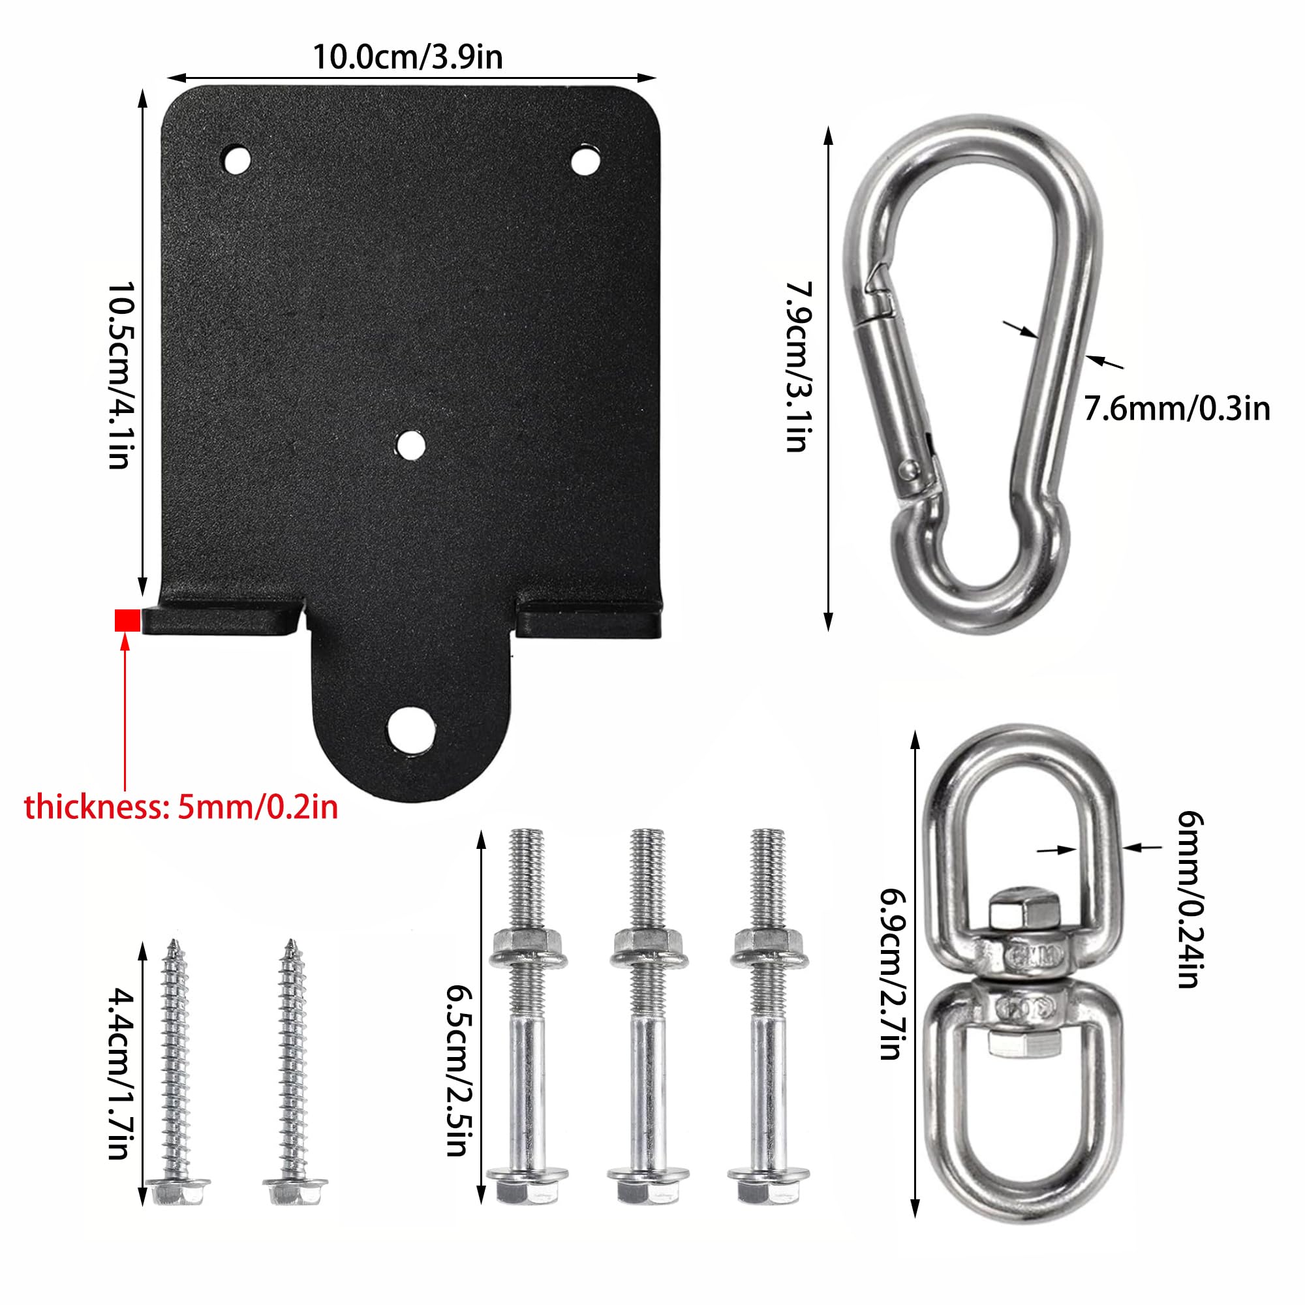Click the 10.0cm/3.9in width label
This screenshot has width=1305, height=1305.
407,57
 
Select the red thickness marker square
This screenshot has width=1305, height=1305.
127,620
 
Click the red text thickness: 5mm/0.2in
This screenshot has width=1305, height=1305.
181,807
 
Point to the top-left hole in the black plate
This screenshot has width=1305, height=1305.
236,161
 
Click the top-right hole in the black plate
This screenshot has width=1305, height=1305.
585,161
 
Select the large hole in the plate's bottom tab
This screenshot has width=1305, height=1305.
410,729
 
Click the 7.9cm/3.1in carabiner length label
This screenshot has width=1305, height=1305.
798,366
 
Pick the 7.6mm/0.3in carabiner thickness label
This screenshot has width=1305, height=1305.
1176,409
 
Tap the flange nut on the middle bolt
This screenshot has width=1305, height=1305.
648,945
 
